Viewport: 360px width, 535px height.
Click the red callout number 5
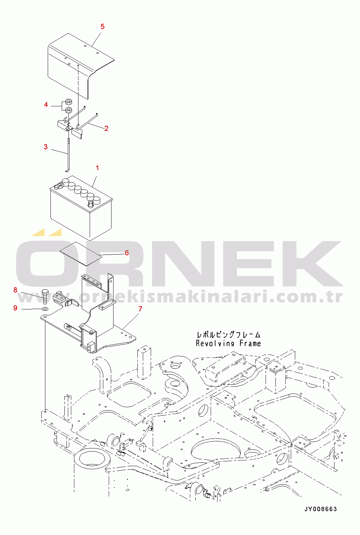click(x=102, y=27)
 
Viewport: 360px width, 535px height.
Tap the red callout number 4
click(x=46, y=105)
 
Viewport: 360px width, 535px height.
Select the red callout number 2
click(x=106, y=128)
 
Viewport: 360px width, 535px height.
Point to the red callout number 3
click(x=46, y=147)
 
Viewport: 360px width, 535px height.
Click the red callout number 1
click(x=97, y=168)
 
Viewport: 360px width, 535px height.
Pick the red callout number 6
click(x=127, y=253)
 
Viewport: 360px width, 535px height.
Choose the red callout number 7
click(x=140, y=309)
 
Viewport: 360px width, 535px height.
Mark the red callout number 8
click(x=15, y=290)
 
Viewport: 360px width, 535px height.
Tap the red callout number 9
click(x=15, y=308)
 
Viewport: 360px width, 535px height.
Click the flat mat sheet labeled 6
click(x=81, y=254)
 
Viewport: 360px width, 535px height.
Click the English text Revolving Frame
click(x=228, y=343)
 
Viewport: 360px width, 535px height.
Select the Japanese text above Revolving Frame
click(x=228, y=335)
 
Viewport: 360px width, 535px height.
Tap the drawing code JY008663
click(x=320, y=509)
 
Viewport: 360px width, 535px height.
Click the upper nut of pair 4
click(x=68, y=102)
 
